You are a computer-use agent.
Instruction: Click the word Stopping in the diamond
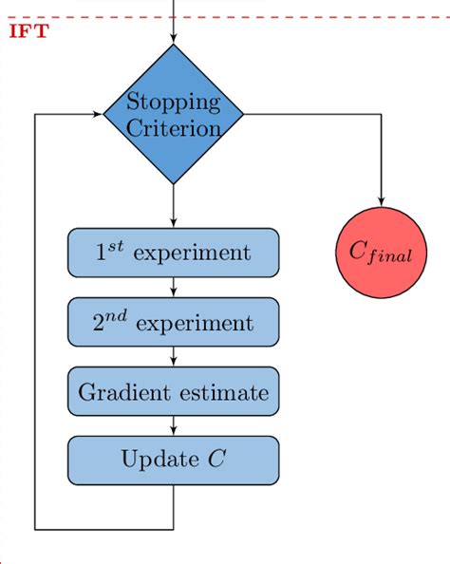(x=174, y=103)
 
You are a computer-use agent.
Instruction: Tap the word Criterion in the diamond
(x=174, y=127)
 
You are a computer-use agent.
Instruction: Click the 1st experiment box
(x=174, y=253)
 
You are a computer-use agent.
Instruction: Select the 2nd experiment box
(x=174, y=322)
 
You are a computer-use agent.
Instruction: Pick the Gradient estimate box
(x=174, y=391)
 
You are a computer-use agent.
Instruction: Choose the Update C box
(x=174, y=461)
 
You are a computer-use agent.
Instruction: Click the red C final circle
(x=382, y=253)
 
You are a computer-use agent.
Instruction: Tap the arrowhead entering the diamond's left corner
(x=98, y=114)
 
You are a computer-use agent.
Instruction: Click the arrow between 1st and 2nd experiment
(x=174, y=288)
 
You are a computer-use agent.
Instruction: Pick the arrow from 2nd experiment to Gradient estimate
(x=174, y=357)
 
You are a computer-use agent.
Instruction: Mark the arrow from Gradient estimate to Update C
(x=174, y=426)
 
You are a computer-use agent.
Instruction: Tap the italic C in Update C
(x=216, y=461)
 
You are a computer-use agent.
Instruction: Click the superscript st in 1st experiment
(x=116, y=247)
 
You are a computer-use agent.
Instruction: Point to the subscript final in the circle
(x=391, y=257)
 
